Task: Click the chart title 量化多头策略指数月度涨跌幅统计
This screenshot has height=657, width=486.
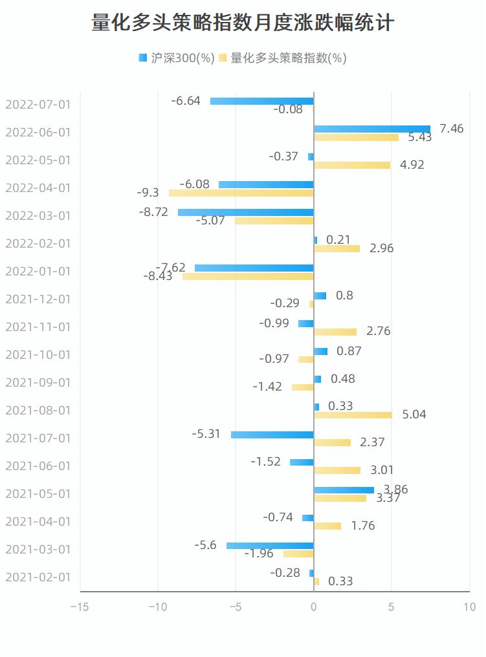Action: point(243,23)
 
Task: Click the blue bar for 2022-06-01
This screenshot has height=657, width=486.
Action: point(372,129)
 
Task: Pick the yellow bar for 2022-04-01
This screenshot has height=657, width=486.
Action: point(241,193)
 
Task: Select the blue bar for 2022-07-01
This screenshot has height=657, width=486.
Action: point(262,101)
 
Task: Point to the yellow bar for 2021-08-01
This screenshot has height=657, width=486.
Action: point(353,415)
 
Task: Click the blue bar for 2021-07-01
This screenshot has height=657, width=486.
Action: point(272,435)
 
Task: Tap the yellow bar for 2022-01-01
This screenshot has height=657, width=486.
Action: point(248,276)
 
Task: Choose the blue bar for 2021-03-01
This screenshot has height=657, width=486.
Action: point(270,546)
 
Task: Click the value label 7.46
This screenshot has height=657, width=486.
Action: point(452,129)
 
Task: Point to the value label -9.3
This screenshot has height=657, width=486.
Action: point(148,193)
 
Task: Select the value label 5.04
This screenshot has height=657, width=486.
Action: point(414,415)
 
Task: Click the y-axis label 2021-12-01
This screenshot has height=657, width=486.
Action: point(38,299)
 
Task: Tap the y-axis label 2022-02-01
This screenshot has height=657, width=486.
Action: point(38,244)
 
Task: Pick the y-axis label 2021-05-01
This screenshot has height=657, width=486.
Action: point(38,494)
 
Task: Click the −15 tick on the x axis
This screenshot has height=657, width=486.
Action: point(80,607)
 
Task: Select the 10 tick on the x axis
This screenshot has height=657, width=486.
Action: point(470,607)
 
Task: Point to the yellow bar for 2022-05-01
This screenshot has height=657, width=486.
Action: point(352,165)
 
